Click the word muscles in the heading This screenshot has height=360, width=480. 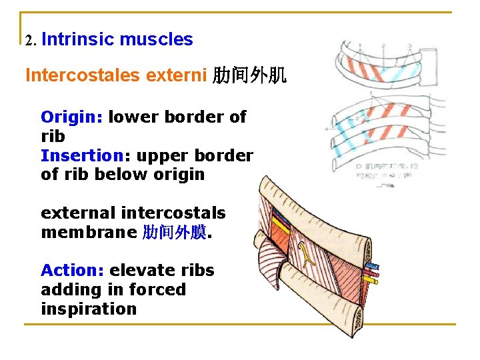[x=157, y=39]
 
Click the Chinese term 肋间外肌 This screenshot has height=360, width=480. [x=249, y=75]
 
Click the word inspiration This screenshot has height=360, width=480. [x=88, y=309]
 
